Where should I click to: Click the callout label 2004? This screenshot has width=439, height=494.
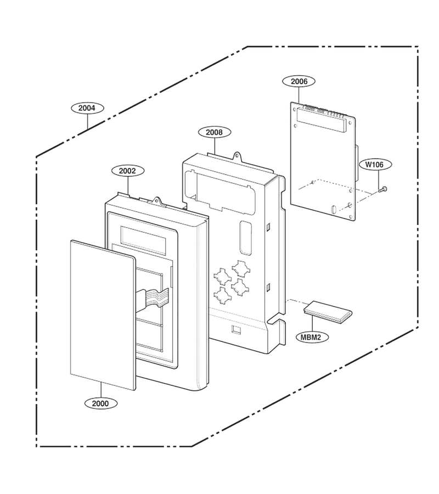tap(87, 108)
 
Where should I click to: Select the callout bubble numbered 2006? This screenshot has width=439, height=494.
tap(299, 81)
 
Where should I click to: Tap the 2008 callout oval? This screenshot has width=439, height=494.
tap(214, 132)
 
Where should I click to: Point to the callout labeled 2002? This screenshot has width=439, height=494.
tap(128, 171)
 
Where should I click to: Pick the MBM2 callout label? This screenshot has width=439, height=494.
tap(312, 338)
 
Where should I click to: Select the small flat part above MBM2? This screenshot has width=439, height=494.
tap(328, 312)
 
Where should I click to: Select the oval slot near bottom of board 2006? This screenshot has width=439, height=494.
tap(334, 209)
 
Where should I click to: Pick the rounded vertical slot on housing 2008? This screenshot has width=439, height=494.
tap(245, 238)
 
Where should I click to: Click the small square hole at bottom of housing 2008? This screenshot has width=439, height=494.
tap(235, 329)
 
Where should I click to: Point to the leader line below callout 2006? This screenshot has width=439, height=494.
tap(299, 96)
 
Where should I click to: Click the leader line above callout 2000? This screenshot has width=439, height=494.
tap(101, 390)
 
